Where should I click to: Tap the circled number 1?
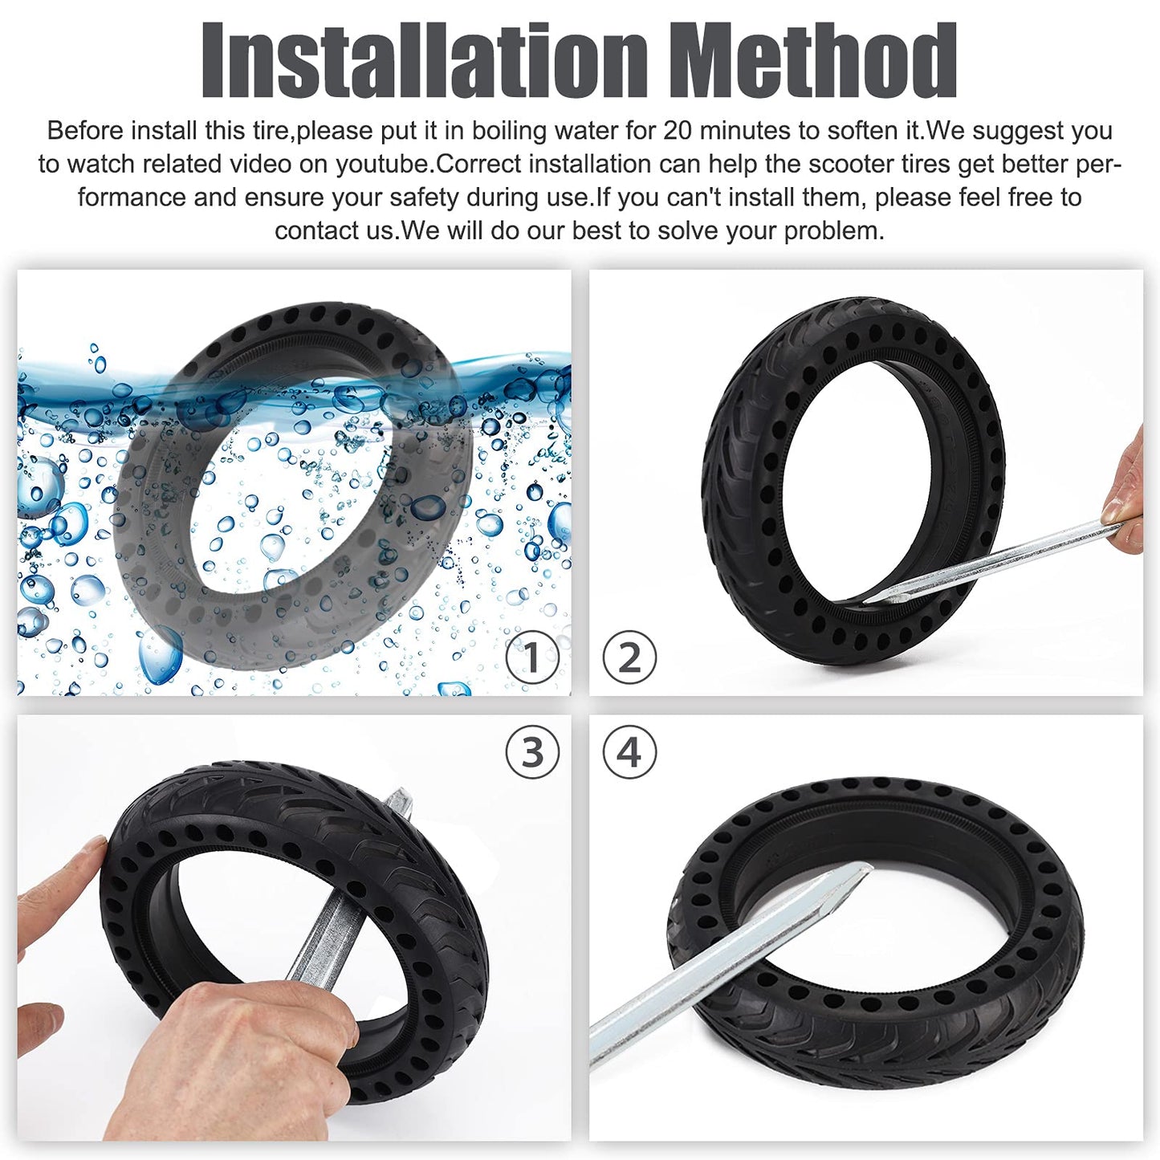click(x=532, y=657)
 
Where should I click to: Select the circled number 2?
click(x=629, y=657)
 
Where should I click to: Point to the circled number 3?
click(x=532, y=752)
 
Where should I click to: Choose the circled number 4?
click(x=629, y=752)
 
